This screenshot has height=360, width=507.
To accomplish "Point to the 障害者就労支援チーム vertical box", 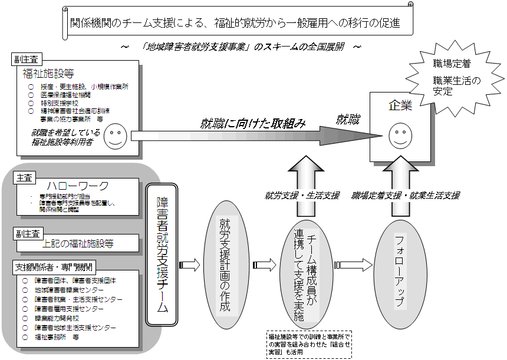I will coord(162,258).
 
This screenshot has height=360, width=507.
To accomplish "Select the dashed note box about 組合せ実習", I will coord(308,345).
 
